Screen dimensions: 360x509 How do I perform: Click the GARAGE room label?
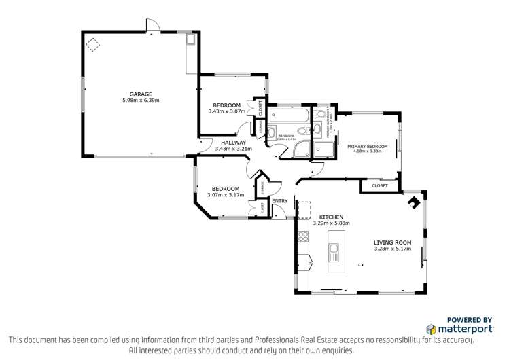pyautogui.click(x=141, y=94)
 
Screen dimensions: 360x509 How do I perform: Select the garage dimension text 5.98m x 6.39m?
pyautogui.click(x=141, y=101)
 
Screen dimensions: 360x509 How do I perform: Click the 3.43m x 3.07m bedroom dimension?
pyautogui.click(x=226, y=111)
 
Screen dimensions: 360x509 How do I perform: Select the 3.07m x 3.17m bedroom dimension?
pyautogui.click(x=225, y=195)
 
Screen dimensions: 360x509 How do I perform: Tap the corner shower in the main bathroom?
pyautogui.click(x=299, y=149)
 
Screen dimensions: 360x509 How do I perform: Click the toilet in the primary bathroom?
pyautogui.click(x=318, y=129)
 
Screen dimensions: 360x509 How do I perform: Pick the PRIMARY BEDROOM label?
pyautogui.click(x=367, y=146)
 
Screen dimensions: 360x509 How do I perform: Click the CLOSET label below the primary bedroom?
pyautogui.click(x=379, y=185)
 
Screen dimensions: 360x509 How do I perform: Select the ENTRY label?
pyautogui.click(x=279, y=201)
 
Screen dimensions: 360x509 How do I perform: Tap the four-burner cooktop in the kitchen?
pyautogui.click(x=302, y=238)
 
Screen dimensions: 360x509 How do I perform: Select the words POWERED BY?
pyautogui.click(x=470, y=319)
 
